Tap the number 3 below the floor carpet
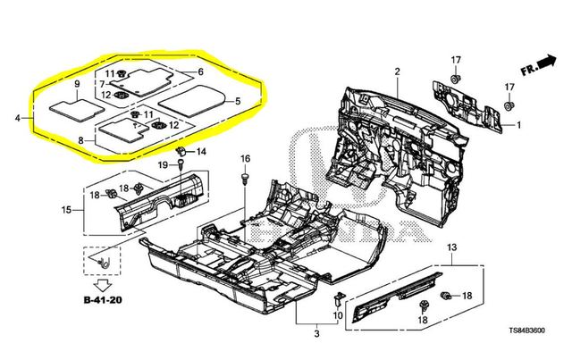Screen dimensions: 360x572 coord(316,333)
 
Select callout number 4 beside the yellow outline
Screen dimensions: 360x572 coord(18,117)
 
